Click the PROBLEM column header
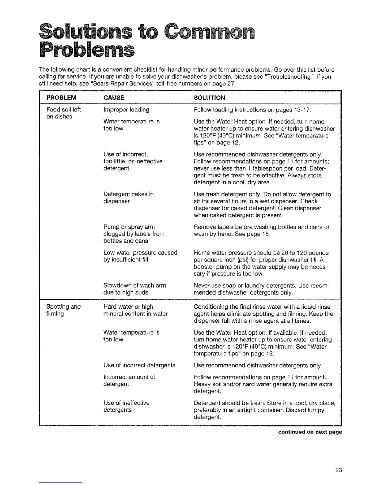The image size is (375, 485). coord(61,98)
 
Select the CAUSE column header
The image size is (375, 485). coord(114,98)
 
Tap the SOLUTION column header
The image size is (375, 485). coord(210,98)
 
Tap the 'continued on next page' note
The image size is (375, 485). coord(310,432)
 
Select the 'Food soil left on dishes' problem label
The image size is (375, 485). coord(63,113)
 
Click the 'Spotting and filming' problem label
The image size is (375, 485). coord(63,310)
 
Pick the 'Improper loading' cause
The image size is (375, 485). coord(126,110)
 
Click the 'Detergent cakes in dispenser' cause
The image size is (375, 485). coord(128,197)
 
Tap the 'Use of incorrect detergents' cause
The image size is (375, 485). coord(139,365)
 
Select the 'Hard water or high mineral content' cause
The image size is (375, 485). coord(135,310)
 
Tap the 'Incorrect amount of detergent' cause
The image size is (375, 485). coord(129,380)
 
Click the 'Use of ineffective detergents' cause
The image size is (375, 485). coord(126,406)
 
